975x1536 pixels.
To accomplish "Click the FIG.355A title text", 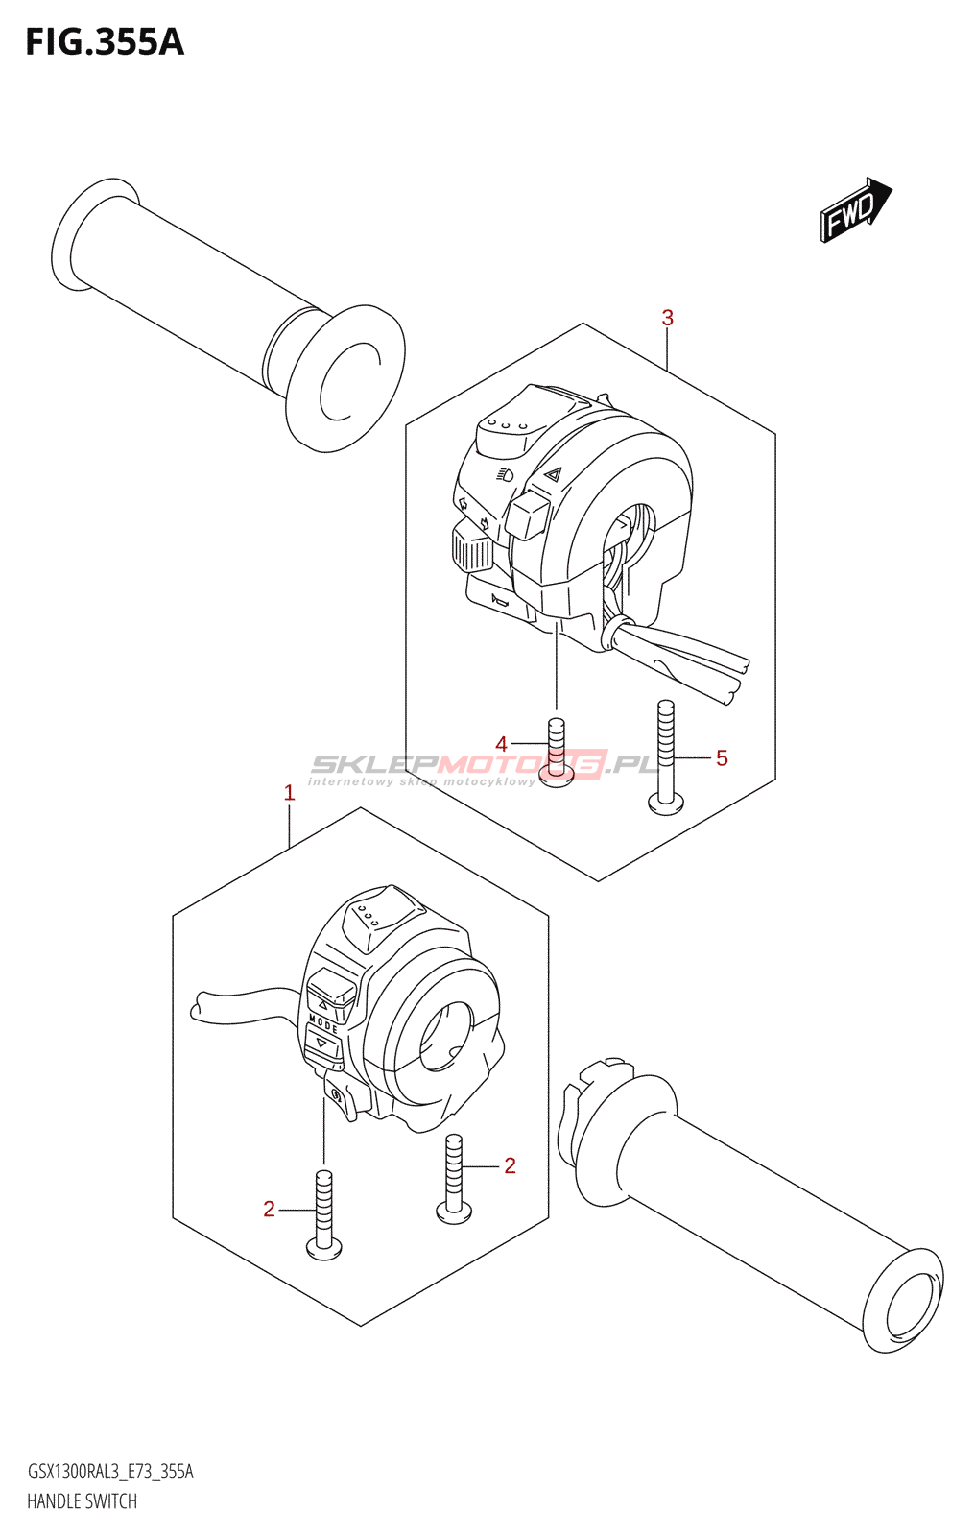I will coord(104,42).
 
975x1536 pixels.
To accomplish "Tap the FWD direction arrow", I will coord(855,209).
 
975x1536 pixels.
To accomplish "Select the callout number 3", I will coord(667,318).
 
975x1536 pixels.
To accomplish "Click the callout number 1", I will coord(289,793).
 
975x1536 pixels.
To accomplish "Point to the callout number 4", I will coord(501,744).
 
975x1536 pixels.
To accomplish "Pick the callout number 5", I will coord(722,758).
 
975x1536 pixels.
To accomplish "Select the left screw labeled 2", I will coord(324,1213).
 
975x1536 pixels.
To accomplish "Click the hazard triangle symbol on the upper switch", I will coord(552,473).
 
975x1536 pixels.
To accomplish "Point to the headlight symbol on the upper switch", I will coord(506,474).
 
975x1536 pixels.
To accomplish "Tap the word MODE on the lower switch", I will coord(323,1024).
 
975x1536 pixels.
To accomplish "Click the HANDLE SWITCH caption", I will coord(82,1501).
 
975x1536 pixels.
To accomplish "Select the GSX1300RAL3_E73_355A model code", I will coord(110,1472).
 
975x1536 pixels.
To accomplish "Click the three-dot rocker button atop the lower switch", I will coord(368,915).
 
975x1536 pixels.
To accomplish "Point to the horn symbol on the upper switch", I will coord(500,600).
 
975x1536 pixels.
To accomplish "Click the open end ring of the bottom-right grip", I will coord(904,1301).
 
